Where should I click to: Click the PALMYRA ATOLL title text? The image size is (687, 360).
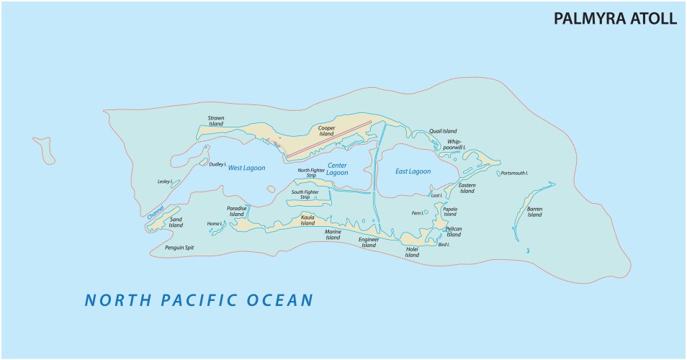coord(615,19)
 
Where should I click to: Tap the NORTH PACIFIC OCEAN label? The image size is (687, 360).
coord(199,300)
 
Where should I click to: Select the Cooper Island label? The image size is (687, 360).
coord(326,130)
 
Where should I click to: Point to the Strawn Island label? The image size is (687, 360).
coord(216,120)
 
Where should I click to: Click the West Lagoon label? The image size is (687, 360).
coord(246,168)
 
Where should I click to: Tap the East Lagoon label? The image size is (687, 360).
coord(413,171)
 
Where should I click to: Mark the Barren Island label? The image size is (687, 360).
coord(534,212)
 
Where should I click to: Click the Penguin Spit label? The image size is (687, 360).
coord(179,247)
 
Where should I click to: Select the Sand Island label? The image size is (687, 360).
coord(176,222)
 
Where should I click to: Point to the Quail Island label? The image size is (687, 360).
coord(443,131)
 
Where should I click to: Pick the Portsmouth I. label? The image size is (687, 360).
coord(515,174)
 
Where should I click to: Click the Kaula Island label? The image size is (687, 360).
coord(307,220)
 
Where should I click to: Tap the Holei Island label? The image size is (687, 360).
coord(412,252)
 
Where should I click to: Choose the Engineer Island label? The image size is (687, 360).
coord(369,242)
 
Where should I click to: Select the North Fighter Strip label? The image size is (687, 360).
coord(311,172)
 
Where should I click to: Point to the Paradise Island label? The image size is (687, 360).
coord(237,211)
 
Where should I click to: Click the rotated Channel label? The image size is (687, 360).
coord(155,213)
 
